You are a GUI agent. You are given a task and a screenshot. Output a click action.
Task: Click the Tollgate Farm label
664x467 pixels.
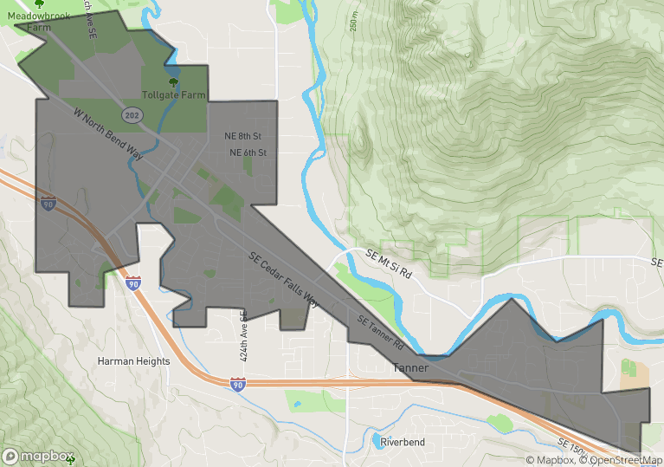click(175, 94)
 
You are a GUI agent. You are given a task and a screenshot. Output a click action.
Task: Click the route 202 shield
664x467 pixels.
click(132, 115)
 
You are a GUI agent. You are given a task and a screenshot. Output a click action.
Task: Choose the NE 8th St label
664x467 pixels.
click(242, 137)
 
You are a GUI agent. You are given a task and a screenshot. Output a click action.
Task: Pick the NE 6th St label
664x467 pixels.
click(248, 152)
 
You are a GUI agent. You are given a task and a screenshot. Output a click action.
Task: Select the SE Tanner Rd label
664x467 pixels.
click(376, 329)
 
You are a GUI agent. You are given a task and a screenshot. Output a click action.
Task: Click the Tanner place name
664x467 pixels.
click(410, 367)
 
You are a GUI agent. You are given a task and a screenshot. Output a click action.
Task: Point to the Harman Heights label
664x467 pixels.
click(133, 361)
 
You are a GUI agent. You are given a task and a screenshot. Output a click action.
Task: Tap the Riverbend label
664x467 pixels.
click(403, 442)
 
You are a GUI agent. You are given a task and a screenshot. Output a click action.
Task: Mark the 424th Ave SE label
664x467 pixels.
click(244, 337)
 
